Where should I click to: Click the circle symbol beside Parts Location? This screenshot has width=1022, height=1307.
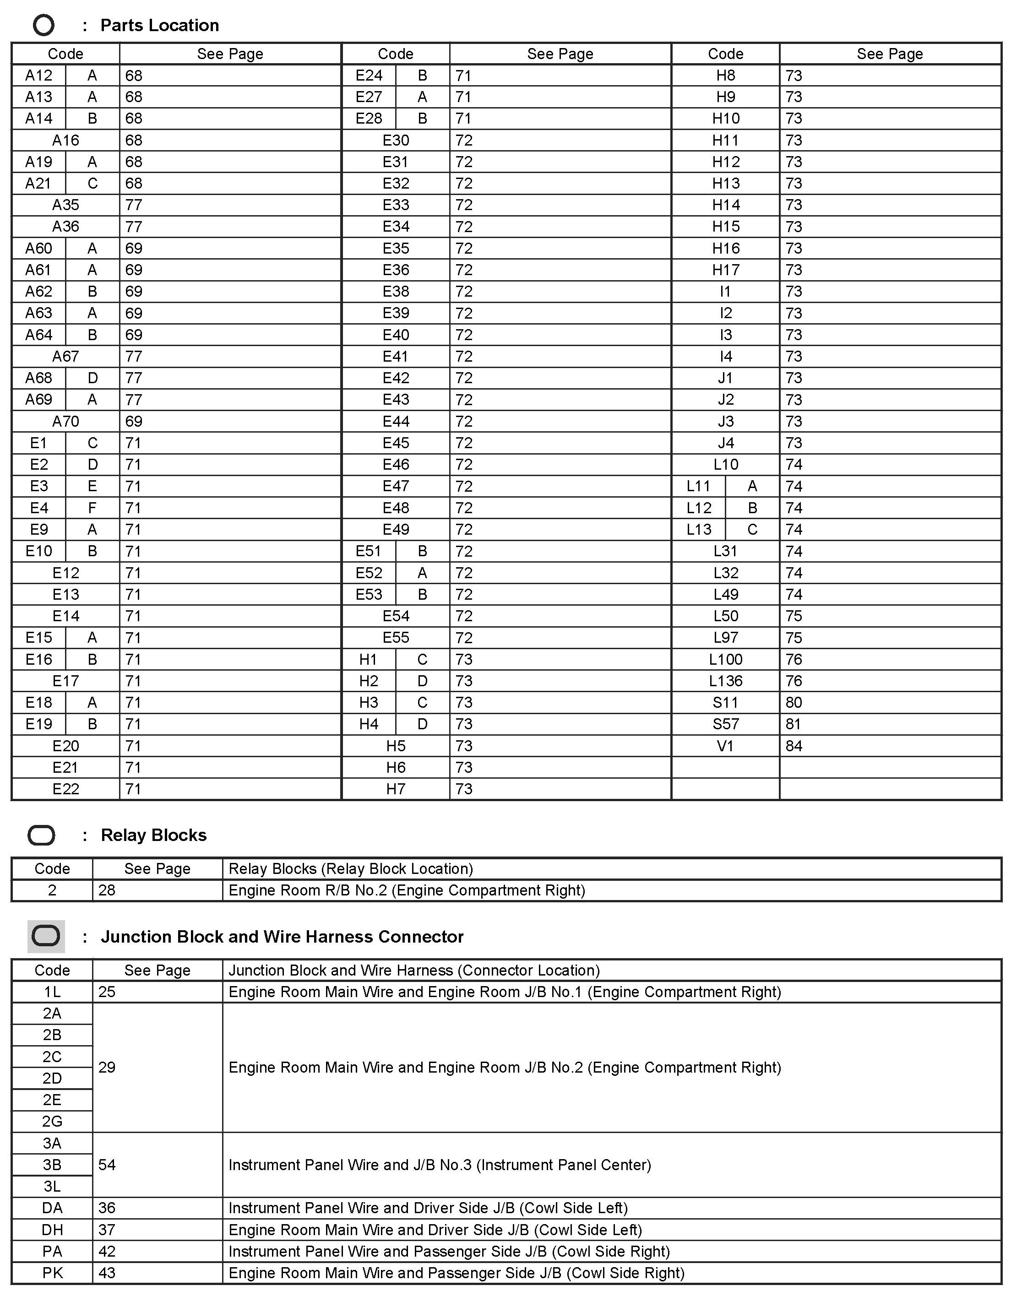[x=43, y=25]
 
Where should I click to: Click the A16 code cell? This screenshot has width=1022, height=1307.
[x=65, y=141]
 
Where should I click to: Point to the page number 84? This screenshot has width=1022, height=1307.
[x=794, y=746]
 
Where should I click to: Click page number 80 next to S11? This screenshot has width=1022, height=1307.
[x=794, y=703]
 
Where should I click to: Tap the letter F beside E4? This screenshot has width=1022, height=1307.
[x=92, y=508]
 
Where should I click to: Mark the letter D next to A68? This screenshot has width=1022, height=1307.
[x=92, y=378]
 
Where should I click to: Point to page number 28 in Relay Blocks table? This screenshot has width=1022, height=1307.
[x=107, y=890]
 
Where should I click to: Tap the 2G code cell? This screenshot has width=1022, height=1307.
[x=52, y=1122]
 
